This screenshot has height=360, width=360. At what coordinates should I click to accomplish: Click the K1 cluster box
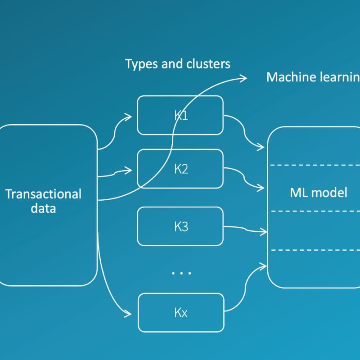point(180,115)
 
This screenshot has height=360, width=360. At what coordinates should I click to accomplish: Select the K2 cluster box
point(180,170)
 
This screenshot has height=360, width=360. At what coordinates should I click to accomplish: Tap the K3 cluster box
point(180,226)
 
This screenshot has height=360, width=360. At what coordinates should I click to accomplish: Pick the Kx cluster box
point(180,312)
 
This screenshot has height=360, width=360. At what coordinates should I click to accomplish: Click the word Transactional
point(43,194)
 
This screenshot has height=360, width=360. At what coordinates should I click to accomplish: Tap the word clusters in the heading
point(208,64)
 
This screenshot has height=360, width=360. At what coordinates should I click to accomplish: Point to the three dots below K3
point(181,273)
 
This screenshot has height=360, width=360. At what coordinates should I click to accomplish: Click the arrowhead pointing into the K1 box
point(130,117)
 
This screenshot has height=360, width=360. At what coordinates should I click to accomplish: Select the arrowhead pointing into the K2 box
point(130,170)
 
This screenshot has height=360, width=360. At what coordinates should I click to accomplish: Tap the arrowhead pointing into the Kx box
point(130,313)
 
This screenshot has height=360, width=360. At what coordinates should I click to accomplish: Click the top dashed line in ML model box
point(315,166)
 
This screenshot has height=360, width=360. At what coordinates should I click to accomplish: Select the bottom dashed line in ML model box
point(315,250)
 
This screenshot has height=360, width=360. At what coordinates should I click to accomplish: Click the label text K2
point(181,170)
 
